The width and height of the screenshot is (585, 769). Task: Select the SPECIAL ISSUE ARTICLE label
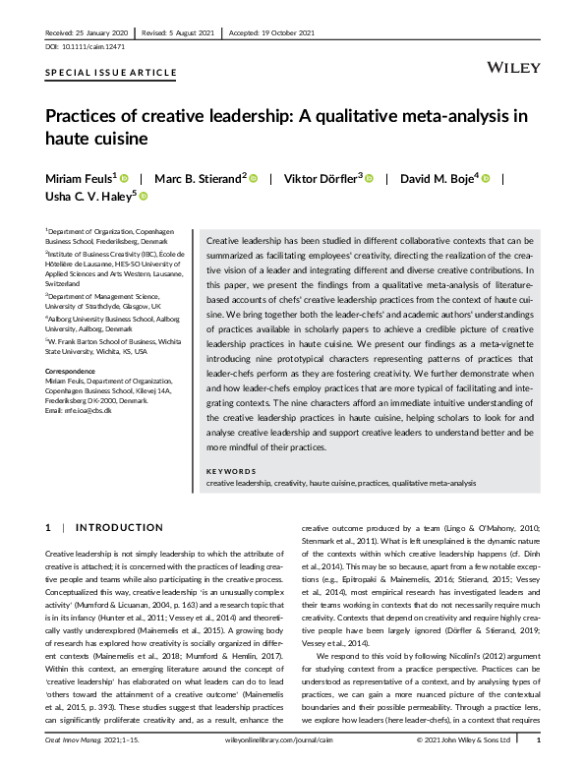click(111, 73)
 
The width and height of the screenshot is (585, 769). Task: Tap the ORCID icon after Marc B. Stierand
click(253, 177)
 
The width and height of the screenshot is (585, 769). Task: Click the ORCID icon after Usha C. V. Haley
click(144, 197)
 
